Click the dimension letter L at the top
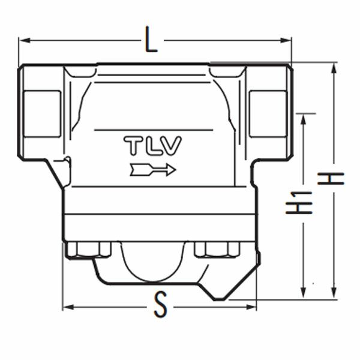[151, 40]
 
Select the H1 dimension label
[299, 203]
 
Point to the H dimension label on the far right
[331, 179]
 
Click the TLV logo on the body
[152, 146]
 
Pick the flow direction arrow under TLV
[153, 170]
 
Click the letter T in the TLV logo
[133, 146]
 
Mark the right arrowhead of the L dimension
[286, 40]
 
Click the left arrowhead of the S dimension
[68, 307]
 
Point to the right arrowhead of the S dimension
[250, 307]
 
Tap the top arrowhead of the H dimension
[334, 68]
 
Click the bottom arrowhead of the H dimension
[334, 293]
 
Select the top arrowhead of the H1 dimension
[304, 119]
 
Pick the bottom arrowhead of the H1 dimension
[304, 292]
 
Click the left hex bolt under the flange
[88, 250]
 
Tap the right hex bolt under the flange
[217, 249]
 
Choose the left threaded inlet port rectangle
[42, 114]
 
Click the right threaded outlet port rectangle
[268, 114]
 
